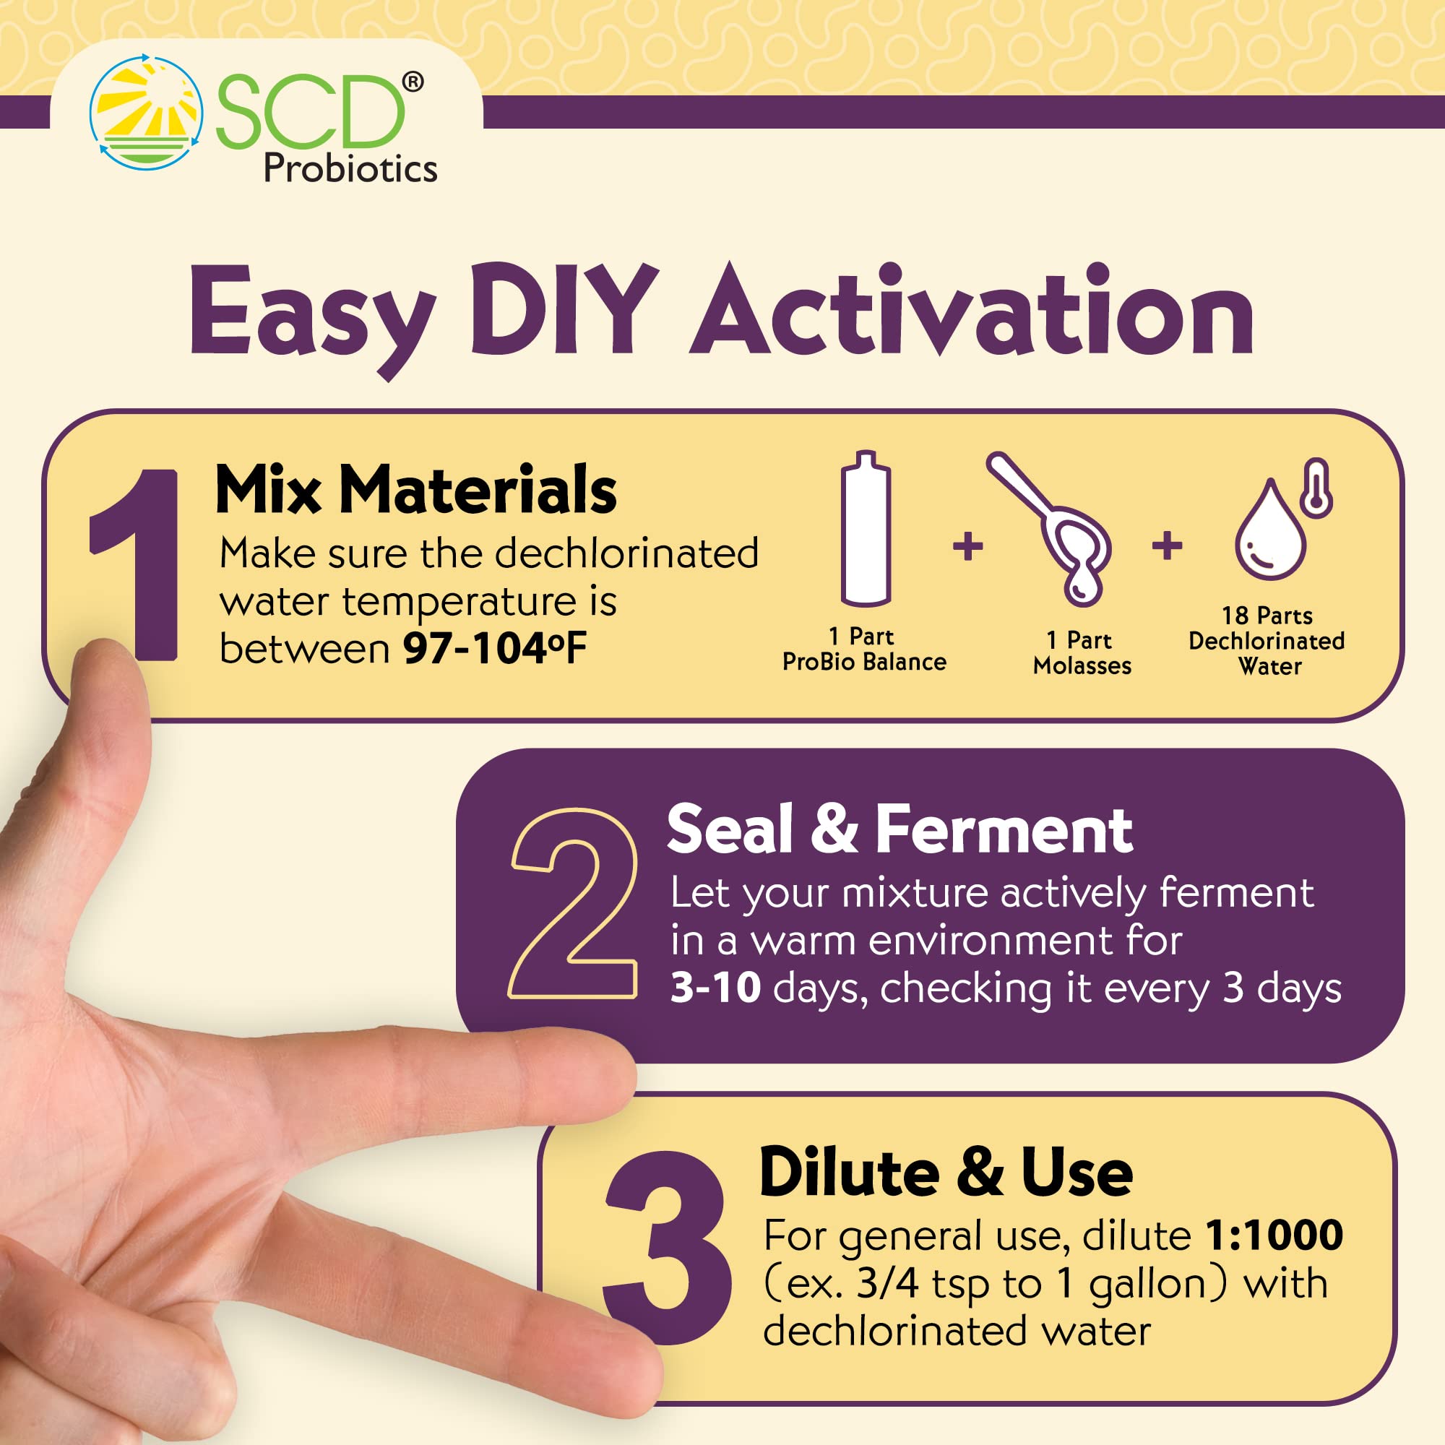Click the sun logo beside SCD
coord(146,111)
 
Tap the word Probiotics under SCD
coord(350,168)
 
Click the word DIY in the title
coord(564,311)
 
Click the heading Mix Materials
coord(416,490)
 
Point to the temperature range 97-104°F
coord(494,649)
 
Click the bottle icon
coord(866,530)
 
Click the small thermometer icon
coord(1316,488)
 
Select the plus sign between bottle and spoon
coord(968,545)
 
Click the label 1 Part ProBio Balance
coord(864,650)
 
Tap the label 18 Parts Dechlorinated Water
coord(1267,640)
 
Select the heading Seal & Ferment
coord(899,829)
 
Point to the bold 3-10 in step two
coord(715,987)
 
